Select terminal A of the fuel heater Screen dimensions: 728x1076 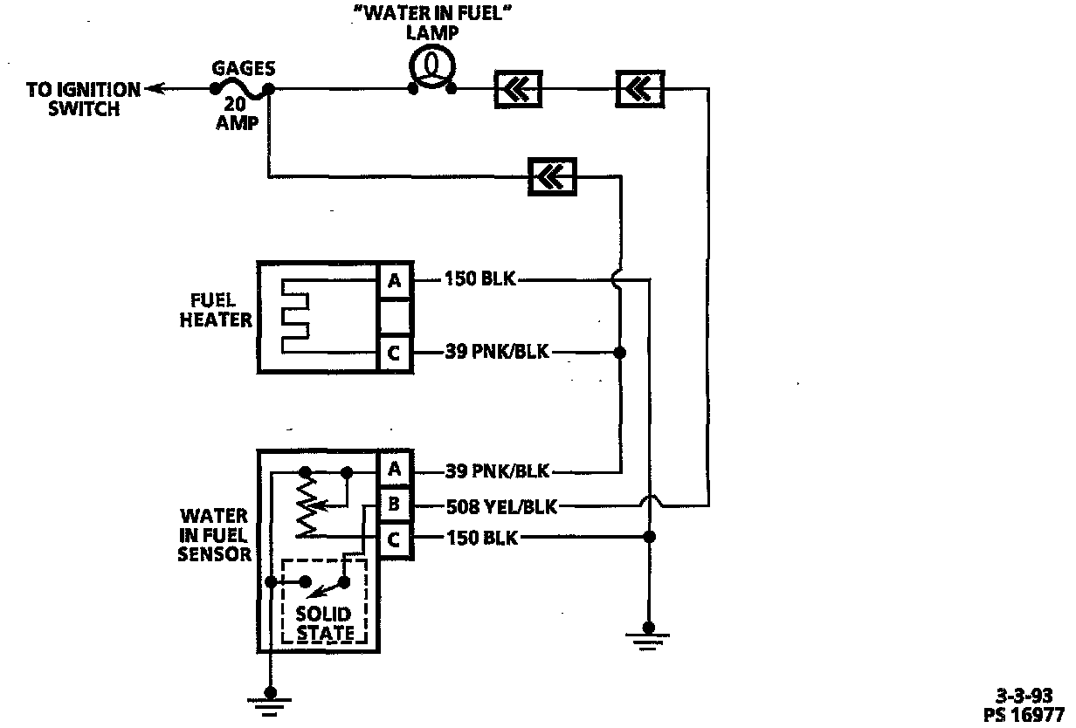click(x=394, y=280)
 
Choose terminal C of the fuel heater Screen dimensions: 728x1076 click(x=394, y=354)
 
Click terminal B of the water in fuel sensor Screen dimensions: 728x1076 click(x=394, y=505)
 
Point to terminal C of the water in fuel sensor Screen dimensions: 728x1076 click(x=394, y=539)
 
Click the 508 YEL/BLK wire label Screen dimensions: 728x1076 click(x=501, y=505)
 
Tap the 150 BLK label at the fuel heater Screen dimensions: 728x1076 click(x=481, y=280)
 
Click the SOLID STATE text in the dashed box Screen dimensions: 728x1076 click(x=324, y=623)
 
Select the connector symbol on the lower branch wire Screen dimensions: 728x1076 click(x=553, y=176)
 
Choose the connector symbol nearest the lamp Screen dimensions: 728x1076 click(x=518, y=88)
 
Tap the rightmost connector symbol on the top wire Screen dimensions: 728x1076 click(x=640, y=88)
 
